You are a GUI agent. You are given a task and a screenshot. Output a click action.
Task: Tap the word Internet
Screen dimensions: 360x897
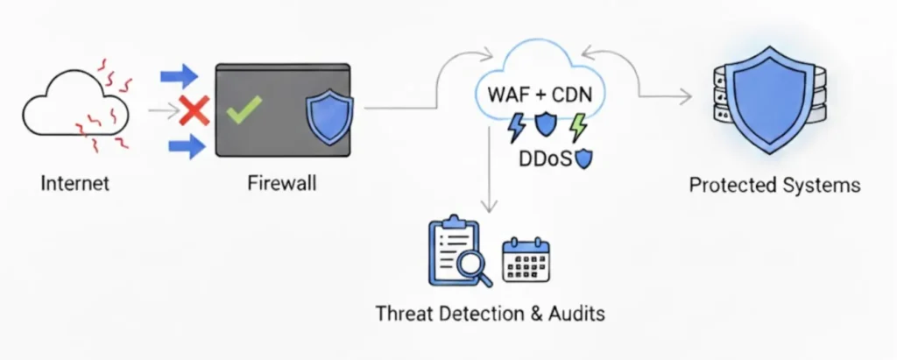75,184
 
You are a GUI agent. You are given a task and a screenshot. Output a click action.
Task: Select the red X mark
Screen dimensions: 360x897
193,110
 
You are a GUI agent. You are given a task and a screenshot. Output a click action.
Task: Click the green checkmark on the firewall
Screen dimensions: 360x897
244,109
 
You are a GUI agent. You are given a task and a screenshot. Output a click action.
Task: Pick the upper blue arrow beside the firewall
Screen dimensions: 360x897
180,77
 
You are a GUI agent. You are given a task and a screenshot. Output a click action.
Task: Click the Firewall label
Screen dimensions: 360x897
281,184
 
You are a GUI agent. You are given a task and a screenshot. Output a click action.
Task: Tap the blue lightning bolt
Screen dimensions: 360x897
517,126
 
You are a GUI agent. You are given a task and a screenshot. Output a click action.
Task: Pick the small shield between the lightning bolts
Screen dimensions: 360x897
547,124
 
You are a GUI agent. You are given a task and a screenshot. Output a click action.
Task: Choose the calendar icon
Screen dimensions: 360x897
526,260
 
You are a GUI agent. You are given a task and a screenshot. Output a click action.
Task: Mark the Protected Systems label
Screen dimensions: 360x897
774,185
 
